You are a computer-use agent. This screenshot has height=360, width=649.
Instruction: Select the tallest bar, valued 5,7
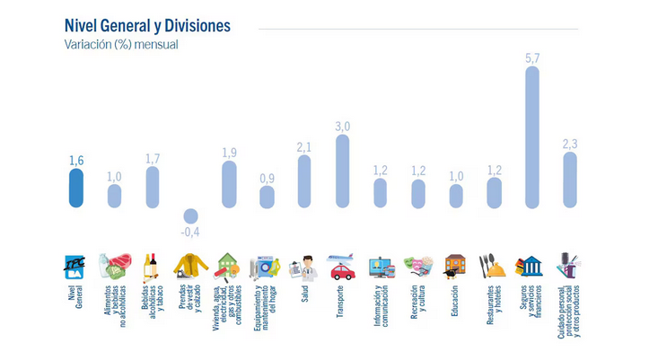pyautogui.click(x=531, y=136)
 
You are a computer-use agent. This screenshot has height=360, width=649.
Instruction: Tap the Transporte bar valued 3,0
pyautogui.click(x=342, y=171)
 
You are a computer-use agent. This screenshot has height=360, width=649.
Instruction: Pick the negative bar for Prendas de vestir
pyautogui.click(x=190, y=215)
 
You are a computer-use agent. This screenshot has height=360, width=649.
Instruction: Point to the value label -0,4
pyautogui.click(x=190, y=232)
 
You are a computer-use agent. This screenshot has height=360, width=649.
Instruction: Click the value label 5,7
pyautogui.click(x=531, y=57)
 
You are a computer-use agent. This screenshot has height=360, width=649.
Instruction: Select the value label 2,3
pyautogui.click(x=570, y=144)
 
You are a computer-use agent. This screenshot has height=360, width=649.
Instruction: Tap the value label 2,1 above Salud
pyautogui.click(x=304, y=146)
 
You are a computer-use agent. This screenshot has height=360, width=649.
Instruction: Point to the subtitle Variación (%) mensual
pyautogui.click(x=120, y=44)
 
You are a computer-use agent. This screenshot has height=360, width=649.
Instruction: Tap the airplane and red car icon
pyautogui.click(x=342, y=267)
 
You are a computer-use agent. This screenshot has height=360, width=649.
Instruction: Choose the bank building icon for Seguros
pyautogui.click(x=531, y=267)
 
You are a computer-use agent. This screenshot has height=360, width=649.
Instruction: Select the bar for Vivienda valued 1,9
pyautogui.click(x=229, y=184)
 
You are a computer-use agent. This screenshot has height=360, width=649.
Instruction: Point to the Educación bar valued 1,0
pyautogui.click(x=456, y=196)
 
